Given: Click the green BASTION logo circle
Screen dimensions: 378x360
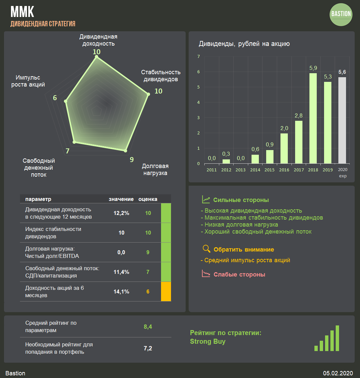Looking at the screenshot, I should pyautogui.click(x=341, y=14).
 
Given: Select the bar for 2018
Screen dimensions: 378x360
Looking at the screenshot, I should pyautogui.click(x=313, y=118).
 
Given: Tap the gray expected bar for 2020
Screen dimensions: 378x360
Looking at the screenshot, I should pyautogui.click(x=342, y=120).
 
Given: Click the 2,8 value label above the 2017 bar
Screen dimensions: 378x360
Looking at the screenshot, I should pyautogui.click(x=298, y=115).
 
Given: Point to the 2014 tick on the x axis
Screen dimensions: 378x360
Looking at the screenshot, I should pyautogui.click(x=255, y=170).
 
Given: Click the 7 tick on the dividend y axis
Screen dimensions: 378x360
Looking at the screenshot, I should pyautogui.click(x=199, y=56).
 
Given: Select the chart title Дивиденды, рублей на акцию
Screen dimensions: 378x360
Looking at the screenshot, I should pyautogui.click(x=244, y=44).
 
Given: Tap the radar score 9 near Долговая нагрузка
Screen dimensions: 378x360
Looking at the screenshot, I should pyautogui.click(x=132, y=159).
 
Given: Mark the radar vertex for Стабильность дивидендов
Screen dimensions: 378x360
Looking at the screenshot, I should pyautogui.click(x=148, y=94).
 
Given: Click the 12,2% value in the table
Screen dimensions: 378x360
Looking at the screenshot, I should pyautogui.click(x=121, y=213).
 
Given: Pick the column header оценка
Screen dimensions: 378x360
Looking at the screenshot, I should pyautogui.click(x=148, y=199).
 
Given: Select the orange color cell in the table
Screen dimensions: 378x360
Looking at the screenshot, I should pyautogui.click(x=166, y=291).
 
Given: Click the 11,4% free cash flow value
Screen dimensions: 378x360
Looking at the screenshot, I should pyautogui.click(x=121, y=272).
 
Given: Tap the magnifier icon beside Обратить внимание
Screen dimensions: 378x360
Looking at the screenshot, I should pyautogui.click(x=207, y=249).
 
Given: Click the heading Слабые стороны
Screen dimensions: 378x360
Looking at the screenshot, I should pyautogui.click(x=239, y=275).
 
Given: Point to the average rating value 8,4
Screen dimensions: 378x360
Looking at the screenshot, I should pyautogui.click(x=148, y=327).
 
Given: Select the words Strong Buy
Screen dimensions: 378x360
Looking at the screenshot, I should pyautogui.click(x=208, y=341).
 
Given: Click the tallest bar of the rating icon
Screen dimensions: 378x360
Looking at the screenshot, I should pyautogui.click(x=337, y=338).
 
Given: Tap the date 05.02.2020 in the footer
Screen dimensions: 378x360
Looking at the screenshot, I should pyautogui.click(x=338, y=373).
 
